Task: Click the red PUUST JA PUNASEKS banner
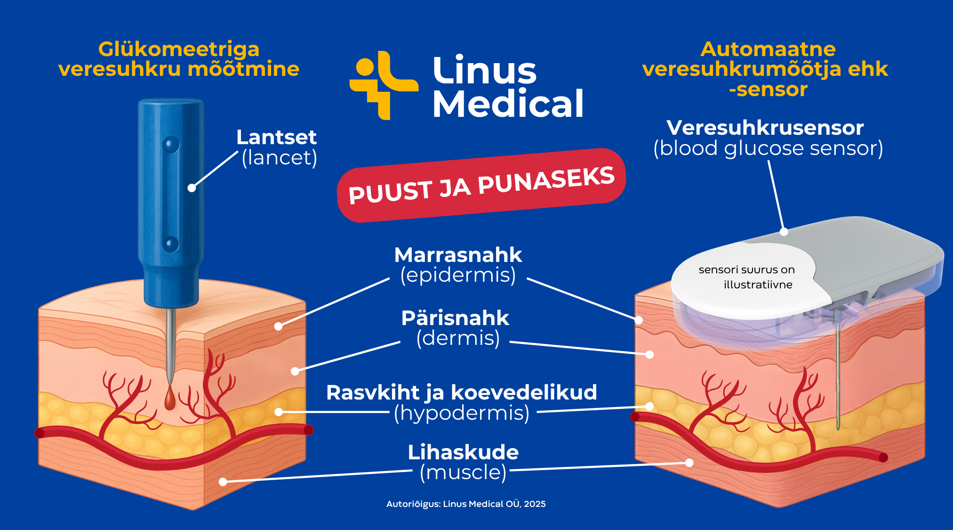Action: click(481, 185)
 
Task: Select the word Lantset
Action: click(276, 138)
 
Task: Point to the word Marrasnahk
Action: click(458, 255)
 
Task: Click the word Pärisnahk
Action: click(455, 318)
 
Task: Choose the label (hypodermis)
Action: click(462, 413)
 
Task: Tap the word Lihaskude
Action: click(463, 452)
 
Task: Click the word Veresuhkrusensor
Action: click(765, 128)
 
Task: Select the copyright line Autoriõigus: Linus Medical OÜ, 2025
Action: click(466, 504)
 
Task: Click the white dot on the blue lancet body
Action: click(192, 188)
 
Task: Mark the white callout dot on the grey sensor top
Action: click(784, 232)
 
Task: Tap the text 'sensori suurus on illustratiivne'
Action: click(747, 277)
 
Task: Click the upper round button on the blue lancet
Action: click(170, 144)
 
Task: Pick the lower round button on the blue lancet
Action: click(170, 244)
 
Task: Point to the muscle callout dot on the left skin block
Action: click(223, 481)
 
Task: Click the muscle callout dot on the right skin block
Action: click(689, 463)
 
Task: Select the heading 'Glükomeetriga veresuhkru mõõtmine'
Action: click(179, 59)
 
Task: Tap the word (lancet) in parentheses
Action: click(279, 158)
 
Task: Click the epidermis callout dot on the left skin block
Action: click(279, 326)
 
